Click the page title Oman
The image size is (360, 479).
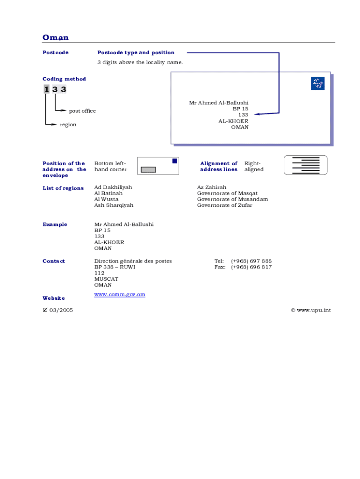[x=55, y=37]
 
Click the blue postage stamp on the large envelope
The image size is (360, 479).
[x=317, y=84]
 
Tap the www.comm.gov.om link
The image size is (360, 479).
[x=120, y=294]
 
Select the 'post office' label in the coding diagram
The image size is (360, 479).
[x=82, y=111]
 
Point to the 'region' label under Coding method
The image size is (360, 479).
[x=68, y=124]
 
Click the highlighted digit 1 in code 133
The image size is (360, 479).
[x=46, y=89]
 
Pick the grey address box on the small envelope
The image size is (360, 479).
[x=148, y=169]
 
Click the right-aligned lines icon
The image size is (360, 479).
[x=305, y=165]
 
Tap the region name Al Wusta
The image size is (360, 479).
[x=106, y=199]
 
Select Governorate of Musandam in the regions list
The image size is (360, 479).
[x=232, y=199]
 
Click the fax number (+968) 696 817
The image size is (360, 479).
[x=251, y=267]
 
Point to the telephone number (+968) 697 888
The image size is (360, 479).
[x=251, y=261]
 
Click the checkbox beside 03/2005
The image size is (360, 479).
[x=45, y=310]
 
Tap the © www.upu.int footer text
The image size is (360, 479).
[x=310, y=310]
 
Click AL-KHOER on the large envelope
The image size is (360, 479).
[x=233, y=121]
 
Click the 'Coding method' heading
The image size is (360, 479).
[x=64, y=79]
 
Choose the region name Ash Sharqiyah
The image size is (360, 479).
[x=114, y=205]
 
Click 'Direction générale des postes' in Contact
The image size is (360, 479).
[x=133, y=261]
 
